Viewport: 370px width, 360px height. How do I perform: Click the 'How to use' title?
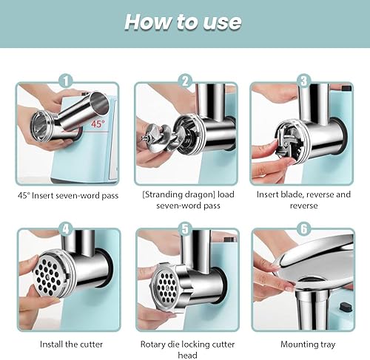click(x=183, y=22)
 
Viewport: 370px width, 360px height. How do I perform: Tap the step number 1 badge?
click(x=66, y=81)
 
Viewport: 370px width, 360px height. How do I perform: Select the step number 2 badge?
click(x=185, y=81)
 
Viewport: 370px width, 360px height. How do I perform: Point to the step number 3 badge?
click(x=303, y=81)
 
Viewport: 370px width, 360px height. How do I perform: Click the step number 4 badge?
click(x=66, y=228)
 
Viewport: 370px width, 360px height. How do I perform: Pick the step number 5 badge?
click(x=185, y=228)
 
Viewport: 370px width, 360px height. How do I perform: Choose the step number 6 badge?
click(x=303, y=228)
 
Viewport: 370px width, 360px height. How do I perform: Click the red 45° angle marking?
click(x=98, y=123)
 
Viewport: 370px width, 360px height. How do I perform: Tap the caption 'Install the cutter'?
click(x=71, y=344)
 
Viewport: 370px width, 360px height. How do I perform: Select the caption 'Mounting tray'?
click(x=308, y=344)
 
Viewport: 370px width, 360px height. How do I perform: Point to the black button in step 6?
click(x=346, y=308)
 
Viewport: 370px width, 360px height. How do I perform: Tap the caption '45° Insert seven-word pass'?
click(x=68, y=196)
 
